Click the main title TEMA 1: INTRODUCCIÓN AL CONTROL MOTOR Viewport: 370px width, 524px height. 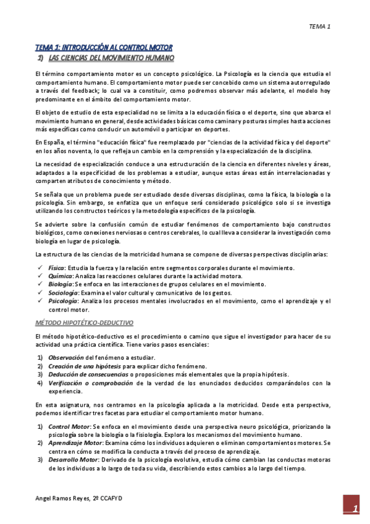pyautogui.click(x=104, y=47)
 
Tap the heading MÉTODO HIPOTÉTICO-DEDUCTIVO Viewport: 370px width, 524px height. pyautogui.click(x=84, y=323)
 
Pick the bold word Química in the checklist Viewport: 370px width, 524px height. pyautogui.click(x=59, y=276)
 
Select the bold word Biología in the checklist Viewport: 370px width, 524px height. pyautogui.click(x=61, y=284)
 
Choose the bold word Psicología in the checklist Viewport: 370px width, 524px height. pyautogui.click(x=62, y=301)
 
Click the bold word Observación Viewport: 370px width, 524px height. pyautogui.click(x=66, y=358)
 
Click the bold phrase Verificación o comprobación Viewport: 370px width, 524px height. pyautogui.click(x=90, y=383)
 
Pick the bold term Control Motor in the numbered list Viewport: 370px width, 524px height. pyautogui.click(x=69, y=426)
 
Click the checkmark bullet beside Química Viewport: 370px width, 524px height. pyautogui.click(x=40, y=276)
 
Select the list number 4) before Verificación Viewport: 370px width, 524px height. pyautogui.click(x=40, y=383)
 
